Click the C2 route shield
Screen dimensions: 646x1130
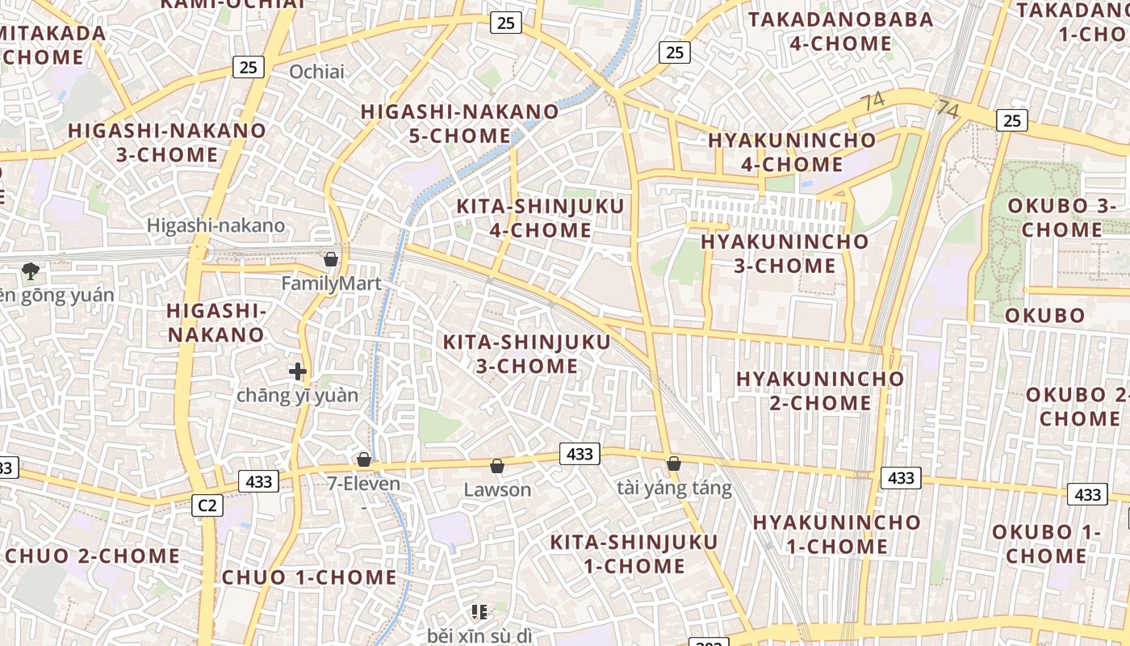click(x=207, y=505)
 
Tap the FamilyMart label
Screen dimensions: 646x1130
click(x=331, y=284)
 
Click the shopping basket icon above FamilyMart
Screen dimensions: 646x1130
click(x=330, y=259)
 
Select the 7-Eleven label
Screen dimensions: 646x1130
click(x=363, y=484)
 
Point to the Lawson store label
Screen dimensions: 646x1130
click(x=497, y=489)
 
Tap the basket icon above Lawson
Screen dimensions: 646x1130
click(x=497, y=466)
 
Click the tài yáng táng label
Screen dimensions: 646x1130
click(x=674, y=488)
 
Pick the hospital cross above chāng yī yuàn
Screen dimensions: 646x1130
click(x=298, y=371)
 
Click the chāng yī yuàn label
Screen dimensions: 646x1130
click(x=297, y=396)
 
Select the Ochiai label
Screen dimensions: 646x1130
click(x=316, y=72)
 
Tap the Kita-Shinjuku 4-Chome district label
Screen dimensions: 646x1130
click(x=540, y=218)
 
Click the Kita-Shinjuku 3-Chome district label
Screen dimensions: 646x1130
click(x=526, y=354)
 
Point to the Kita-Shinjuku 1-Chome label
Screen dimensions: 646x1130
click(x=634, y=553)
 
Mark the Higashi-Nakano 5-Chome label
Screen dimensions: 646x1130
click(x=459, y=124)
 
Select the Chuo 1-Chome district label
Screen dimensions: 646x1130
click(x=309, y=577)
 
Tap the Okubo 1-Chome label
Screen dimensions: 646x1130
click(x=1046, y=543)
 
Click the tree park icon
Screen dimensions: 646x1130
click(x=31, y=271)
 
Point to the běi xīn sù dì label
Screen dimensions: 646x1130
click(x=479, y=636)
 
